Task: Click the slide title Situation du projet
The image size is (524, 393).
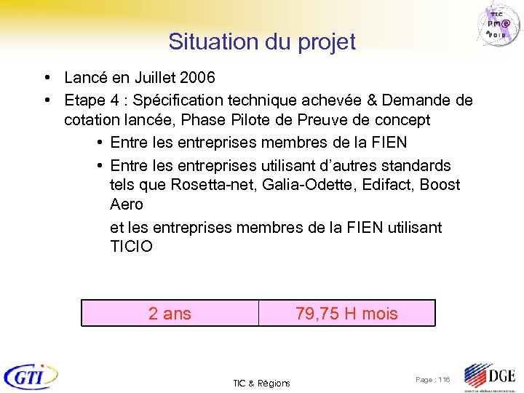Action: [x=262, y=41]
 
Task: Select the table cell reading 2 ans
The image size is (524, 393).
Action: [x=170, y=314]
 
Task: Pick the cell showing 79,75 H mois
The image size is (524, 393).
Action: [x=346, y=314]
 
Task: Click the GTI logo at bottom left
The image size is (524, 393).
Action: [x=31, y=376]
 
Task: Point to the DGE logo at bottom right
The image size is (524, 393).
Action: [x=489, y=377]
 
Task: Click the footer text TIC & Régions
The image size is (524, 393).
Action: [x=261, y=383]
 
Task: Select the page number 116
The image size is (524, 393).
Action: [x=443, y=380]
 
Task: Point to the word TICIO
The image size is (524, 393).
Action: [x=131, y=247]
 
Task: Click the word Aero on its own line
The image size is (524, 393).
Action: [x=126, y=205]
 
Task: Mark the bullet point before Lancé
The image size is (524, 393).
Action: [x=46, y=77]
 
